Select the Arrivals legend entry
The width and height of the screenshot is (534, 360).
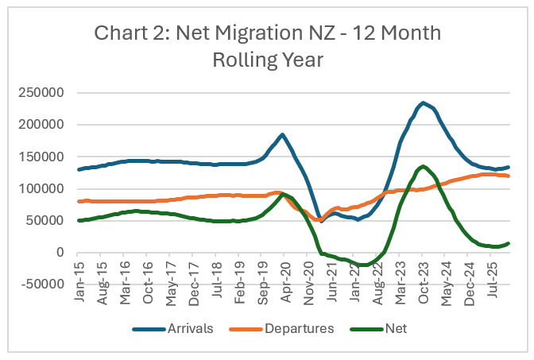[190, 327]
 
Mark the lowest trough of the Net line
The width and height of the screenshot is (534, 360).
[365, 265]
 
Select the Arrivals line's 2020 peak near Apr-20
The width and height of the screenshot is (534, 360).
[282, 134]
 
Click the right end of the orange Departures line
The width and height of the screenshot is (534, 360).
[509, 176]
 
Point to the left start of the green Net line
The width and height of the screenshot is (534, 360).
[79, 220]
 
